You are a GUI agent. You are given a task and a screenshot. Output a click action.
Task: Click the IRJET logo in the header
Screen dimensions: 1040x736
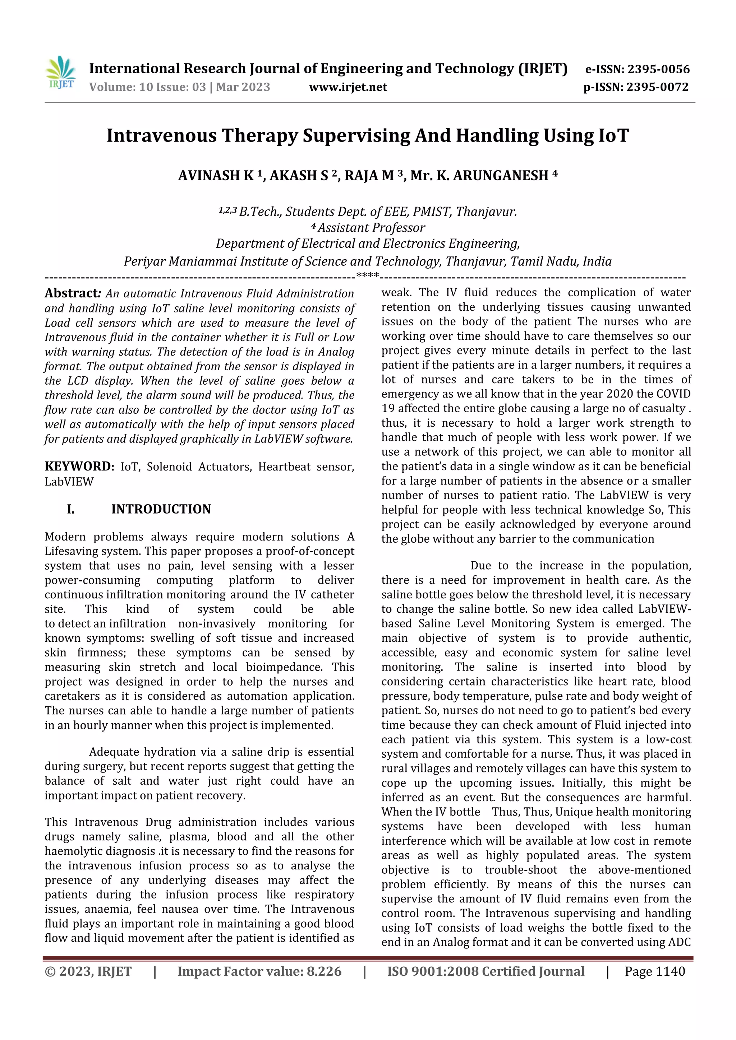[x=60, y=73]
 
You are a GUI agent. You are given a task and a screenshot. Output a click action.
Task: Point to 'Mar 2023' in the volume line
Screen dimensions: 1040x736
[x=243, y=87]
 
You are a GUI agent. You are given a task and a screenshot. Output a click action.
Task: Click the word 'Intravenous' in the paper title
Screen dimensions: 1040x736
[x=161, y=135]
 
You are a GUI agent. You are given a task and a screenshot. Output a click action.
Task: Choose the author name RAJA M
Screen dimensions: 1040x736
[x=369, y=176]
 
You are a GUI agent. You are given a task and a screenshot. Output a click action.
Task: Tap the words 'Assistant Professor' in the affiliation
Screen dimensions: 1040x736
[x=371, y=228]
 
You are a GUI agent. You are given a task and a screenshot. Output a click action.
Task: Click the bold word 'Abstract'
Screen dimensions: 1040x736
[x=71, y=293]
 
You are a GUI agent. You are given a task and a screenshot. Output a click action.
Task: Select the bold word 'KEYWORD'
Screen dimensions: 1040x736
[x=78, y=466]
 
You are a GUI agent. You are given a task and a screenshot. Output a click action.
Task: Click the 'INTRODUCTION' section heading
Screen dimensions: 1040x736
[x=161, y=509]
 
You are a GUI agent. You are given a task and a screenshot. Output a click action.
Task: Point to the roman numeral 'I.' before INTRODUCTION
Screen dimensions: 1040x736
[x=71, y=509]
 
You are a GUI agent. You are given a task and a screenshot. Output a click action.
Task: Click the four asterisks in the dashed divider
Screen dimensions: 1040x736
[x=368, y=275]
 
